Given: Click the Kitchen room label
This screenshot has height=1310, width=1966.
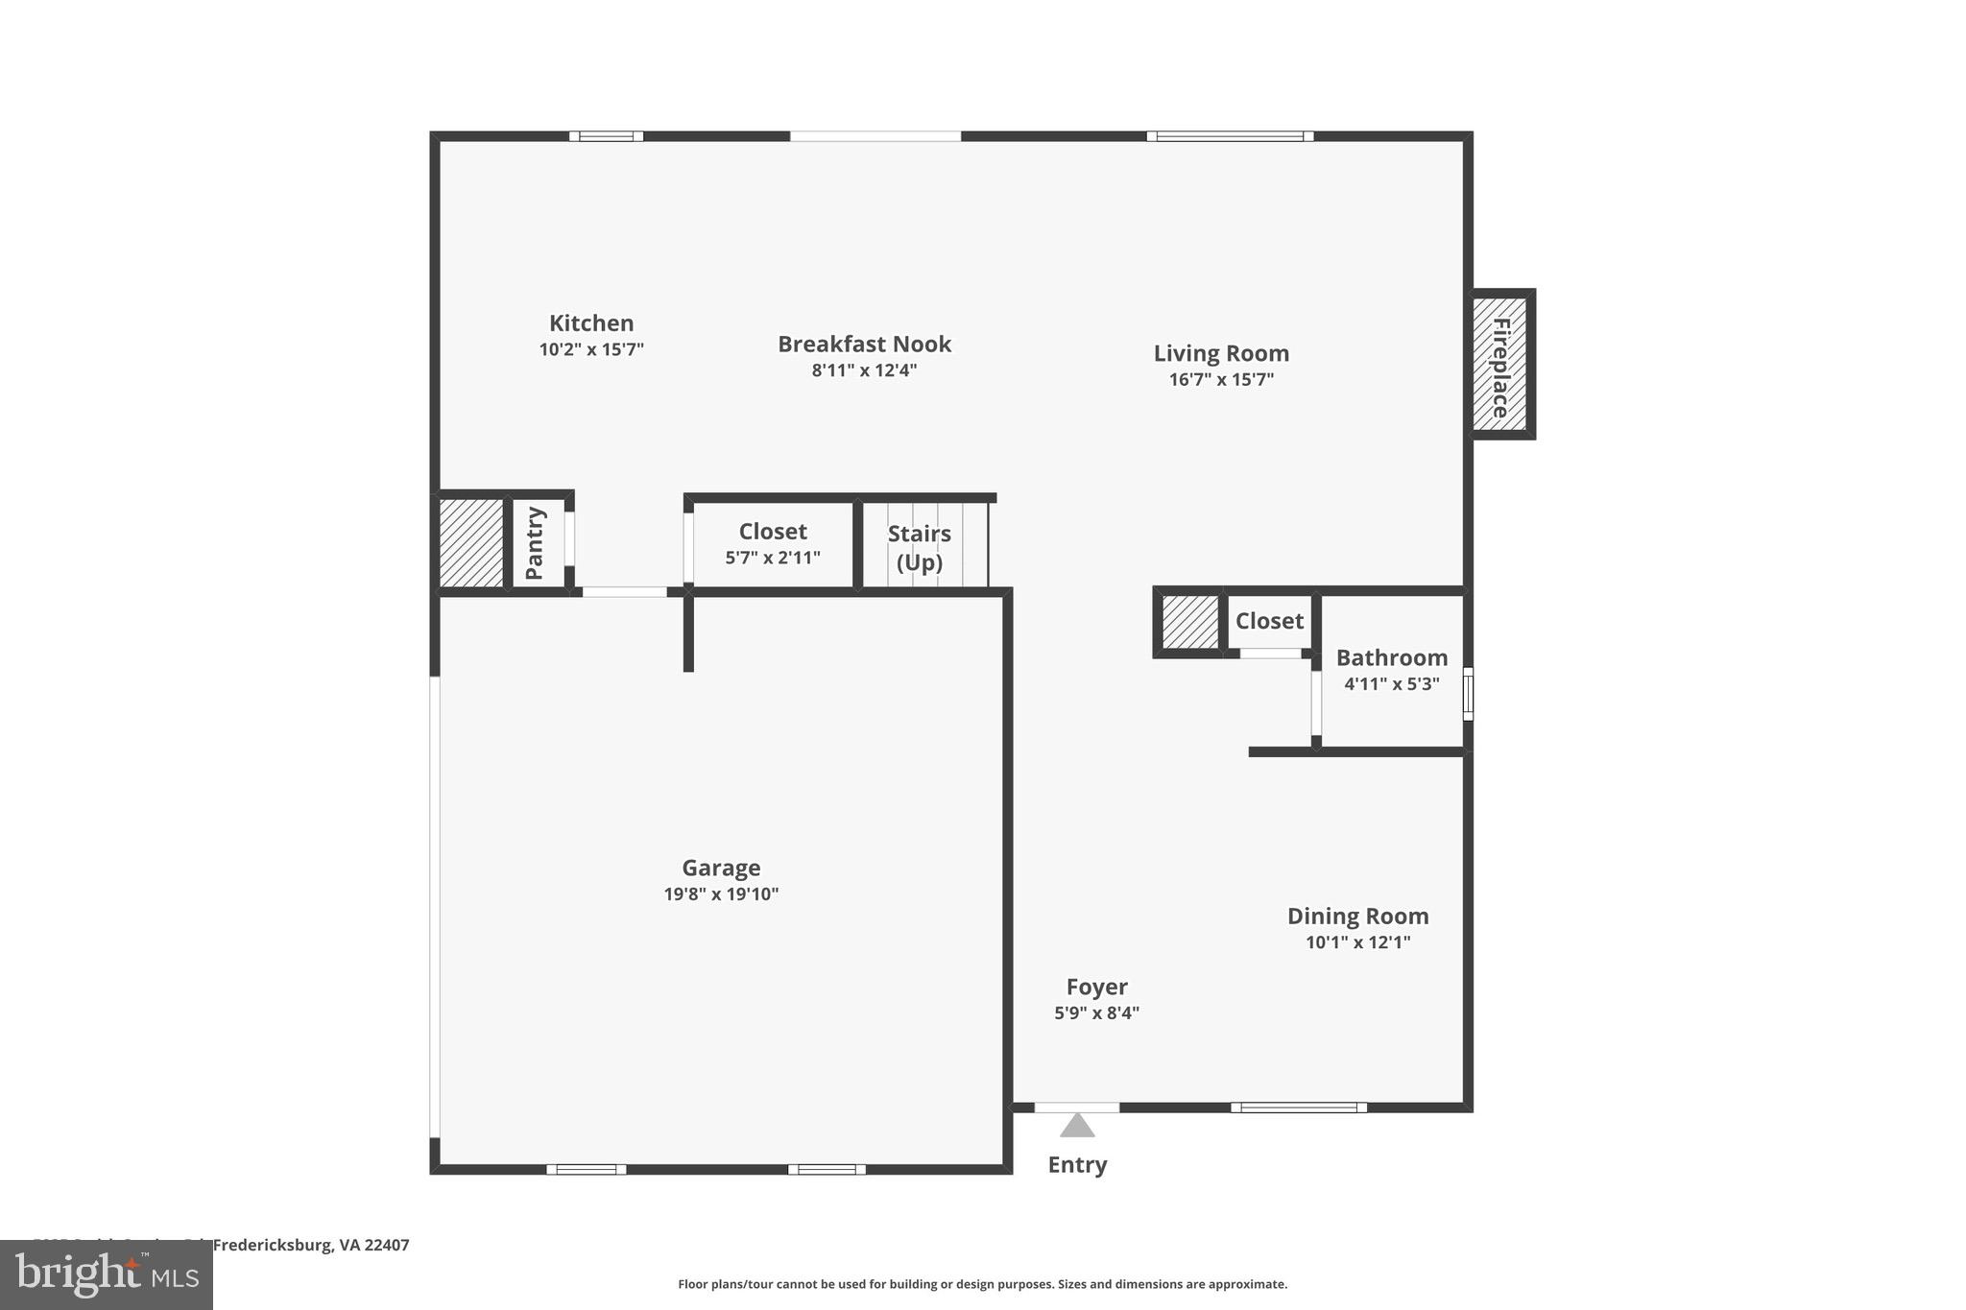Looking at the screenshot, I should [x=591, y=323].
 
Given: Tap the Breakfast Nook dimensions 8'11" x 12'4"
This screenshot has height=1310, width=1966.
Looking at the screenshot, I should [x=864, y=370].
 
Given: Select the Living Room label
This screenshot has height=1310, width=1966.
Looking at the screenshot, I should [x=1221, y=353].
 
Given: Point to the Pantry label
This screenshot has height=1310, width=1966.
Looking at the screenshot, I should [x=535, y=543].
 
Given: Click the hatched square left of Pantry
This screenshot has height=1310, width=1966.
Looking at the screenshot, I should [x=471, y=542].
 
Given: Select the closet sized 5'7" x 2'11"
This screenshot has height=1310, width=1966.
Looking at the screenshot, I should [x=773, y=543].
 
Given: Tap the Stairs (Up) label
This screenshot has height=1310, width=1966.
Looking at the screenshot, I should [x=919, y=547].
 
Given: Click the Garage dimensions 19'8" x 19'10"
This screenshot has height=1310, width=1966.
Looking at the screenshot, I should [x=721, y=894].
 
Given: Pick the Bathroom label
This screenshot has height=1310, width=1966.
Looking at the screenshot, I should [x=1391, y=658].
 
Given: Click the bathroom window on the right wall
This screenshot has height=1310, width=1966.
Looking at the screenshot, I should [x=1467, y=693].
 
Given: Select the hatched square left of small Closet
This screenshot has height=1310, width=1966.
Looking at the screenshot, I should [x=1189, y=622].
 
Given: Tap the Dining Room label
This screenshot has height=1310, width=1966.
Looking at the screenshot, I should [x=1357, y=917].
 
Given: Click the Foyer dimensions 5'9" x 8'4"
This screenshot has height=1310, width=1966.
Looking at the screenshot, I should [x=1096, y=1012].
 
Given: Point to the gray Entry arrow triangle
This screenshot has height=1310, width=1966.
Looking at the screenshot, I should [x=1077, y=1126].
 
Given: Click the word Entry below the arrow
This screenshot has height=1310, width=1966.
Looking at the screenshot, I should [x=1077, y=1165].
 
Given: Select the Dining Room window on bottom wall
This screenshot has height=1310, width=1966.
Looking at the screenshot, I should [x=1299, y=1108].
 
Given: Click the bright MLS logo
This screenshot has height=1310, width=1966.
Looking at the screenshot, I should [x=106, y=1274].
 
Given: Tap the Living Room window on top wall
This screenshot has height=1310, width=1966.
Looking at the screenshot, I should [x=1230, y=136].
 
